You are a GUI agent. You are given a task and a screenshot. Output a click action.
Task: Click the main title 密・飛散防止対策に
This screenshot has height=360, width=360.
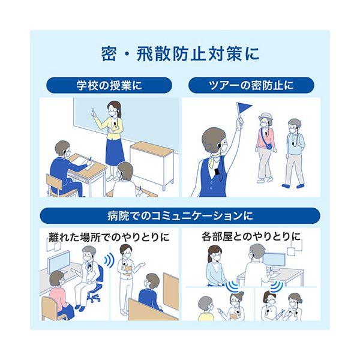click(x=180, y=54)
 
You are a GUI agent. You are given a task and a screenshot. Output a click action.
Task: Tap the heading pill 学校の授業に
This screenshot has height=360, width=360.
click(x=109, y=85)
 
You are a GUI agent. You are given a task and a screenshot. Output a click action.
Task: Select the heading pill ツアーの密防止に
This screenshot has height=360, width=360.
click(x=251, y=85)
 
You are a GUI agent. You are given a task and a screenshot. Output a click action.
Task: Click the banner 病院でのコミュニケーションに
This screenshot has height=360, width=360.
click(x=180, y=216)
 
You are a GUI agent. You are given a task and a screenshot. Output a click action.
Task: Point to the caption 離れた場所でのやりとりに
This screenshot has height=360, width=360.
click(x=109, y=237)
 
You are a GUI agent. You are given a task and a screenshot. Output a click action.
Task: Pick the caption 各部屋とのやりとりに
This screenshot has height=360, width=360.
click(x=251, y=237)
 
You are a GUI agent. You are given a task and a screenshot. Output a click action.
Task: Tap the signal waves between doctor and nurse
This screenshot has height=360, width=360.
click(x=109, y=260)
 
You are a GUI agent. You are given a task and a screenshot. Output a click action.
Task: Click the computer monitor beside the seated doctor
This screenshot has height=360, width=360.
click(x=59, y=262)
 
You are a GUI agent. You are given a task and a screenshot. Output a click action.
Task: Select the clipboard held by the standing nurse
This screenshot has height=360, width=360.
click(x=128, y=271)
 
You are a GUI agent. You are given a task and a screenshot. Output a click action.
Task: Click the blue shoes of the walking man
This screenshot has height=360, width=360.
click(x=293, y=185)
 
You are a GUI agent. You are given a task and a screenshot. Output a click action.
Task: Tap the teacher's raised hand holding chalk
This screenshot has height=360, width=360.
click(x=93, y=113)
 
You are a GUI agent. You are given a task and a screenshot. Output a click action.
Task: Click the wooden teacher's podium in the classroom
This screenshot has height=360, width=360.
click(x=152, y=164)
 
